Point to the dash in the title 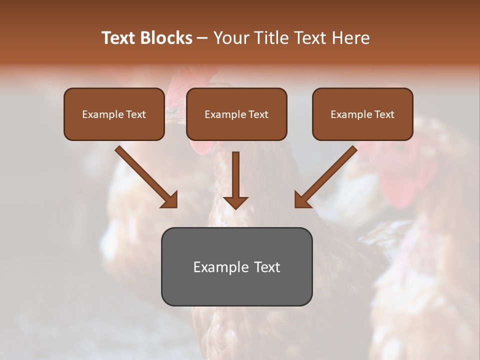(x=202, y=38)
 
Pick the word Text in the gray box (x=267, y=267)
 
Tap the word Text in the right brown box (x=384, y=114)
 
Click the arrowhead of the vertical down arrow (x=235, y=202)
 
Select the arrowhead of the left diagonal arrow (x=170, y=199)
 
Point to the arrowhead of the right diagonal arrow (x=302, y=199)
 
